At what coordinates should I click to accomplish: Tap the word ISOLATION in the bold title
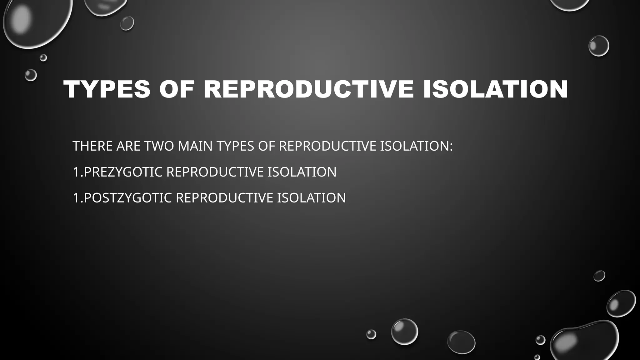(x=495, y=90)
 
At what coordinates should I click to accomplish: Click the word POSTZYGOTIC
(x=127, y=198)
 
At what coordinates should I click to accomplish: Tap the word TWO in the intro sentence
(x=159, y=146)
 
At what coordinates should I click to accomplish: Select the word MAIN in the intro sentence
(x=195, y=146)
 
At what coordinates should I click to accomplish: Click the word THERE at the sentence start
(x=92, y=146)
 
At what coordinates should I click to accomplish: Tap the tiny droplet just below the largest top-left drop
(x=43, y=58)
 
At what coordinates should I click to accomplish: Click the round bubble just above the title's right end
(x=598, y=46)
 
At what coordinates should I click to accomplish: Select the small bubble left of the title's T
(x=31, y=75)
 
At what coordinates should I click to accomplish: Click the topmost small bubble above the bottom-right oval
(x=599, y=276)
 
